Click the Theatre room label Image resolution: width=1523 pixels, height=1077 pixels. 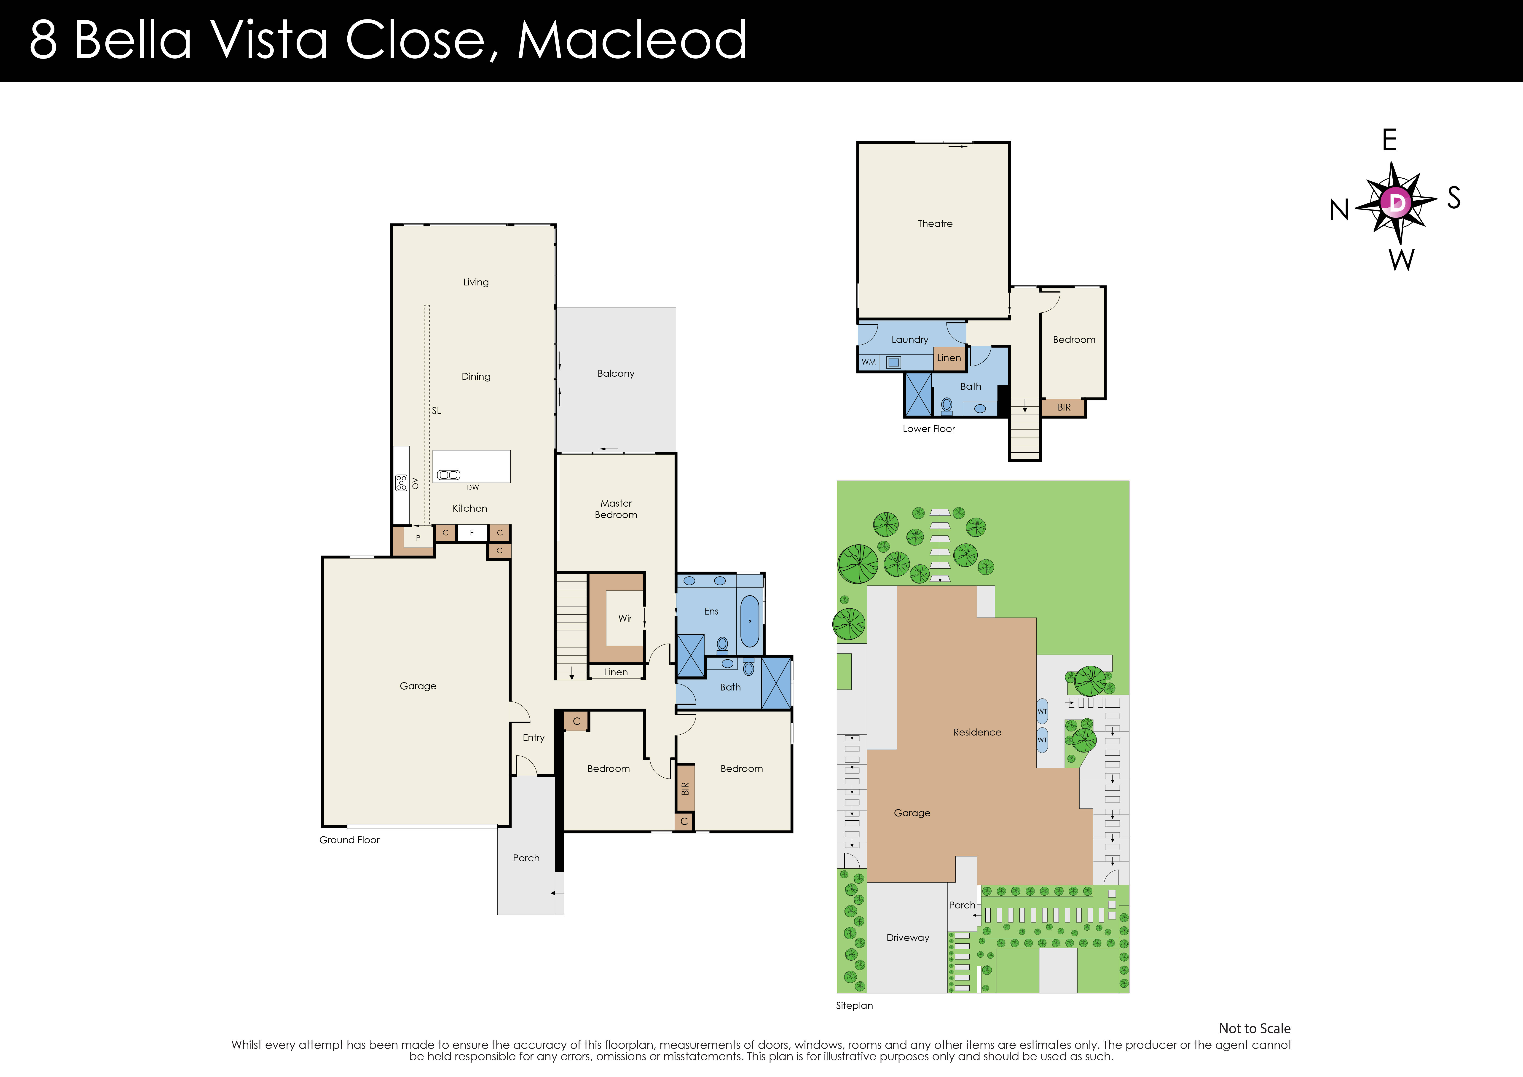tap(935, 224)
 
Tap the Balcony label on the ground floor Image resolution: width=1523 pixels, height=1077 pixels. tap(616, 373)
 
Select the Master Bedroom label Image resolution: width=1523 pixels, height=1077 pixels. tap(616, 509)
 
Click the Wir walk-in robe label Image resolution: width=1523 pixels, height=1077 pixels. tap(625, 618)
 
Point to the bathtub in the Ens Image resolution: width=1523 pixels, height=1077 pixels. tap(750, 621)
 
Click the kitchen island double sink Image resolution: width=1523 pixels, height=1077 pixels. tap(448, 475)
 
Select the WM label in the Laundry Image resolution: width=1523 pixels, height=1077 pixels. tap(868, 362)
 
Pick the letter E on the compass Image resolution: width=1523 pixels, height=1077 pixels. tap(1389, 141)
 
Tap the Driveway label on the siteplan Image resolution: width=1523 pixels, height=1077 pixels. tap(907, 938)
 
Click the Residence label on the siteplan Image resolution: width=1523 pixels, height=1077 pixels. tap(976, 732)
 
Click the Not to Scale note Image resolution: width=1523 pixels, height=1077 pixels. tap(1254, 1029)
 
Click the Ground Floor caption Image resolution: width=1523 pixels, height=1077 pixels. tap(349, 840)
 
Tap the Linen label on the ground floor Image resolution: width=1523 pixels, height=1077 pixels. tap(616, 672)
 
